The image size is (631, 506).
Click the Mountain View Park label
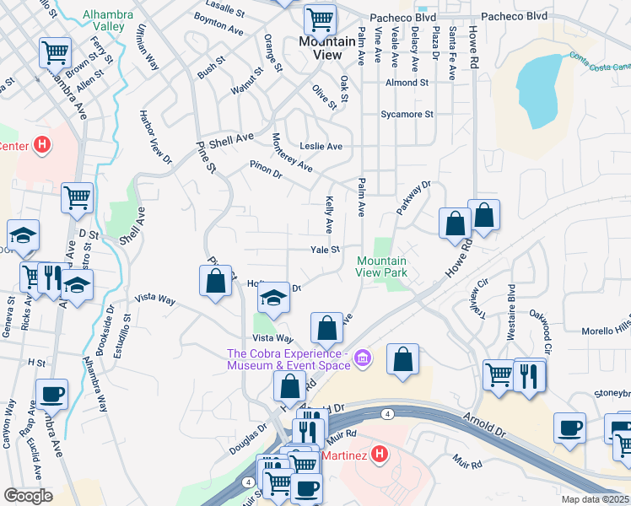(x=381, y=266)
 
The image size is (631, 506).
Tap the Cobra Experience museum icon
(x=363, y=358)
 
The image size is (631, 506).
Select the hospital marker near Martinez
(x=380, y=455)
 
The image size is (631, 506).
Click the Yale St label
(x=325, y=250)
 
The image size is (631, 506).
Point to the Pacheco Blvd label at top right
(x=513, y=16)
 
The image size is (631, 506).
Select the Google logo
(x=27, y=496)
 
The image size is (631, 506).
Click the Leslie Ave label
(x=322, y=146)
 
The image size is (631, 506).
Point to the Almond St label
(x=407, y=83)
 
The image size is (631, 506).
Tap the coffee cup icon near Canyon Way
(x=52, y=393)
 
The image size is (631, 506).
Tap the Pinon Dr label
(x=265, y=169)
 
